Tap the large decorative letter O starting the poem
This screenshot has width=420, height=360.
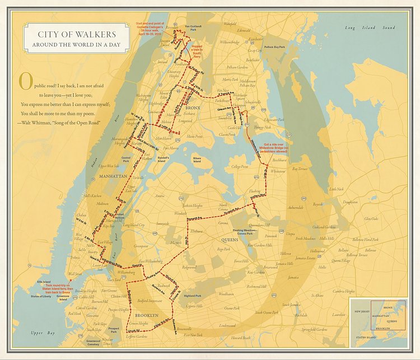(x=25, y=81)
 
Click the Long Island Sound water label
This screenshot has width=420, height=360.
(x=370, y=27)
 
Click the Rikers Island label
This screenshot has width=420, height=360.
(x=197, y=158)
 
